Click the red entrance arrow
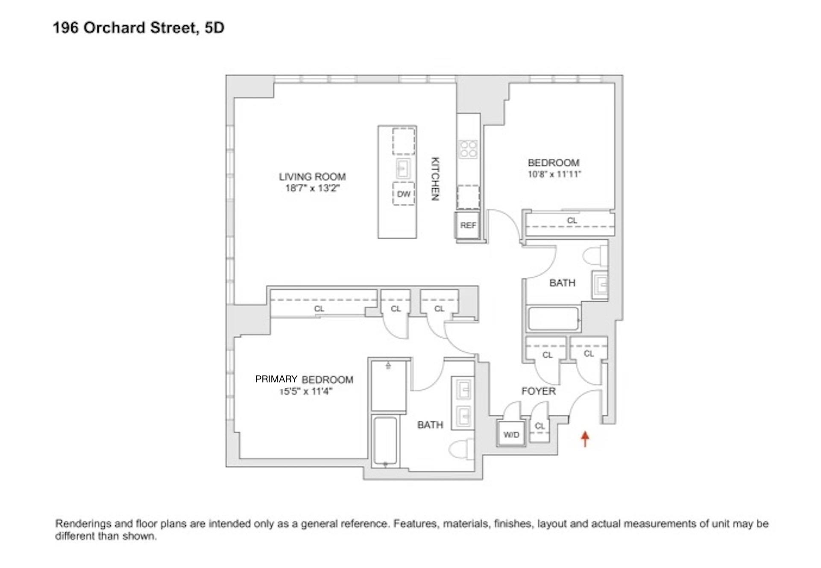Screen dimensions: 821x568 point(585,439)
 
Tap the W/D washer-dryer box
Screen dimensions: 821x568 point(511,435)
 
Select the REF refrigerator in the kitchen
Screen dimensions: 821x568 point(468,225)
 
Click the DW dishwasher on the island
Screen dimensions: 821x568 point(404,194)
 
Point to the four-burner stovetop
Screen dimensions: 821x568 point(468,149)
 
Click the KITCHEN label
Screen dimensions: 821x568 point(435,179)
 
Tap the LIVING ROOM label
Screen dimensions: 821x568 point(312,176)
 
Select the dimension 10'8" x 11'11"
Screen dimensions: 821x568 point(554,174)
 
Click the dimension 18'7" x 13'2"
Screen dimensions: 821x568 point(312,188)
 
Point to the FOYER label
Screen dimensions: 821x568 point(538,391)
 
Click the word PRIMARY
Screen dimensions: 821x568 point(276,379)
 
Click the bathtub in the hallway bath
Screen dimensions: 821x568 point(554,319)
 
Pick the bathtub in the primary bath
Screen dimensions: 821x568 point(385,442)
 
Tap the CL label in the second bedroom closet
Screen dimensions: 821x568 point(572,221)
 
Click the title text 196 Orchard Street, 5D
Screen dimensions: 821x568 point(138,28)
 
